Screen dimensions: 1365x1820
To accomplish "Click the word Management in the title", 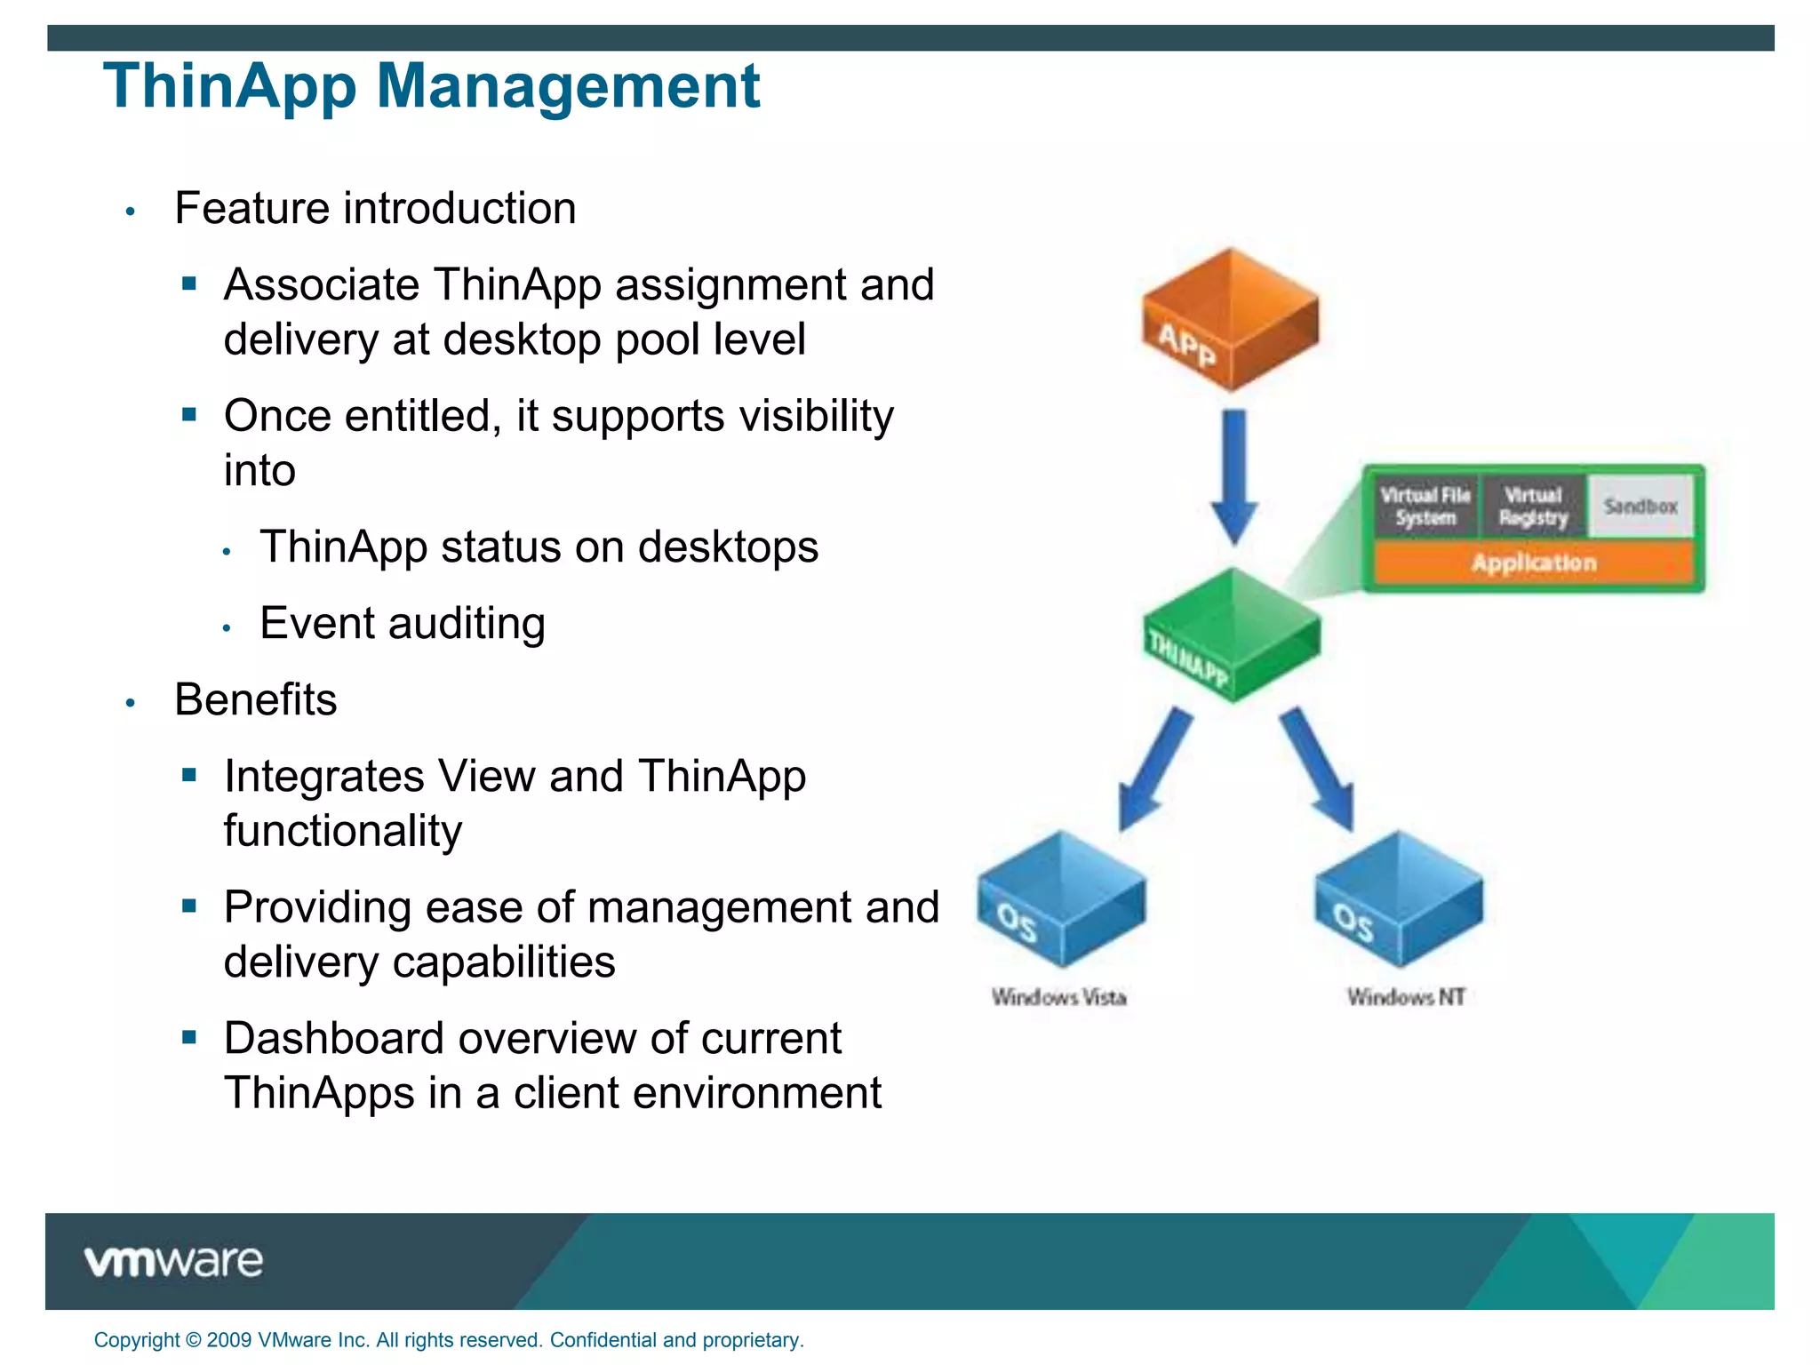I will click(568, 87).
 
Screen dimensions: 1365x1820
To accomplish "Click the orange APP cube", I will click(1231, 320).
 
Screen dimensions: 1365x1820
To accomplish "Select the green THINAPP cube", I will click(1232, 636).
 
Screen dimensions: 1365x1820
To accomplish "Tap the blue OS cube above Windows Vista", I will click(1061, 899).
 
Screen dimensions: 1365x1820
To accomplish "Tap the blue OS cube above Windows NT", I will click(1400, 899).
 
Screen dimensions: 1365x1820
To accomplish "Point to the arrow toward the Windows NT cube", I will click(1317, 770).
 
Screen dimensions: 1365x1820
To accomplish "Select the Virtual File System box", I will click(1425, 507).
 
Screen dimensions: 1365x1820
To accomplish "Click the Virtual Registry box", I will click(1533, 507).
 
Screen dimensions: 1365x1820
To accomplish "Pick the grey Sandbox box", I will click(1640, 507).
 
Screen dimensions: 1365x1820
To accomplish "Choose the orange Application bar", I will click(1533, 563).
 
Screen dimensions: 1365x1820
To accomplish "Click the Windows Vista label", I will click(1058, 997).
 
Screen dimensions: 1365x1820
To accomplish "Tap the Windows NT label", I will click(1406, 997).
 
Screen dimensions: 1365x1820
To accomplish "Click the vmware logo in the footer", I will click(174, 1262).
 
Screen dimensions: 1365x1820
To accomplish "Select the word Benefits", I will click(256, 700).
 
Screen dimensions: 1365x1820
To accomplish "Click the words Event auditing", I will click(403, 624).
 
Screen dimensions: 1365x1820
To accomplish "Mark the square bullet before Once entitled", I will click(188, 414).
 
